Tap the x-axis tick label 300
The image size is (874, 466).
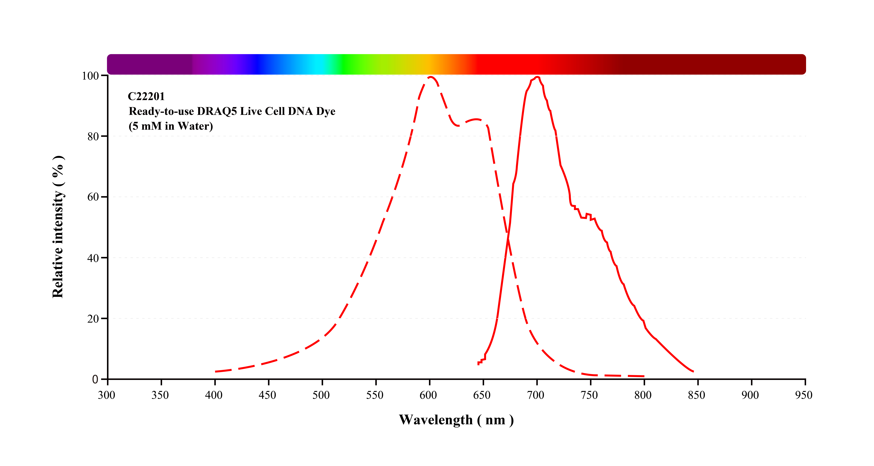click(107, 395)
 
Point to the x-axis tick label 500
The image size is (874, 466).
click(321, 395)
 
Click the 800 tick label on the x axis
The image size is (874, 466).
click(643, 395)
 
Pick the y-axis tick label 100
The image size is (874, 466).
click(90, 76)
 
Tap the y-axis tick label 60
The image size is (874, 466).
click(93, 197)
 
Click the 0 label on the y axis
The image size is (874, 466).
click(95, 379)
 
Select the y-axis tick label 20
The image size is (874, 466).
click(93, 319)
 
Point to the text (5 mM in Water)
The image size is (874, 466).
click(171, 126)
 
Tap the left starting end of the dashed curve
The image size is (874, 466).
click(216, 372)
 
